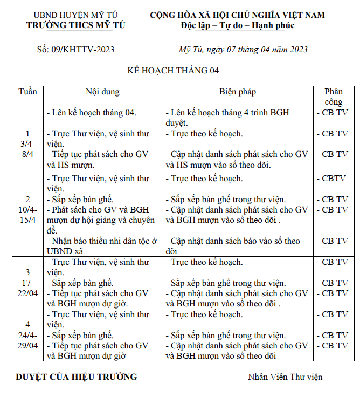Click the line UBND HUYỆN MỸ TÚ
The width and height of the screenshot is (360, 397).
point(75,15)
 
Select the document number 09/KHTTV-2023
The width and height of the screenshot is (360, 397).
point(75,50)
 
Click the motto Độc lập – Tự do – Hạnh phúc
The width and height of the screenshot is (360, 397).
point(237,25)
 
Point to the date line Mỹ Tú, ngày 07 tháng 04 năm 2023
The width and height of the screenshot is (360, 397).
point(243,50)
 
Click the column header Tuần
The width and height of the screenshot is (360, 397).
point(27,92)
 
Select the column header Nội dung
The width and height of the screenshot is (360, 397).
point(102,92)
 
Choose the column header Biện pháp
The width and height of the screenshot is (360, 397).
point(237,92)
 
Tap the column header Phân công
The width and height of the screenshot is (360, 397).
point(334,97)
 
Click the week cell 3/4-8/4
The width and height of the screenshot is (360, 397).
point(27,143)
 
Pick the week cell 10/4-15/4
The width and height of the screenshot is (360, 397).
point(27,209)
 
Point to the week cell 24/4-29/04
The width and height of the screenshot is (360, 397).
point(27,335)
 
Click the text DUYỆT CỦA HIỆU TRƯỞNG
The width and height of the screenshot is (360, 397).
point(76,377)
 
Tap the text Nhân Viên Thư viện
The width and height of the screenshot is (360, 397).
point(285,377)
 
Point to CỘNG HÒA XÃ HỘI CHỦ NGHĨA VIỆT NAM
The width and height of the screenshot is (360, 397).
point(237,15)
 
